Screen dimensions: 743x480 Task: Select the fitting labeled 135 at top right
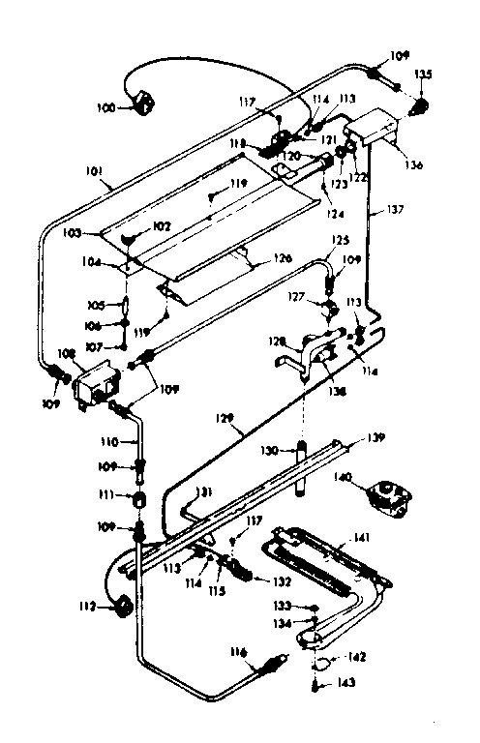422,105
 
